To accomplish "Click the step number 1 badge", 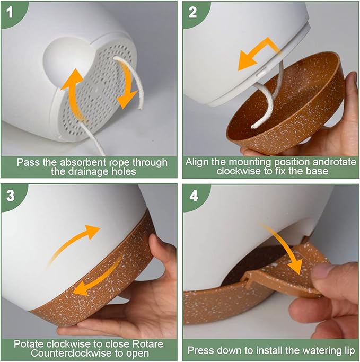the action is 10,12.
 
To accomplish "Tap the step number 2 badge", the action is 192,12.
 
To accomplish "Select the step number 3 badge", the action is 11,196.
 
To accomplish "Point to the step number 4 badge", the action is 194,196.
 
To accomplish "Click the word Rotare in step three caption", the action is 148,344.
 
